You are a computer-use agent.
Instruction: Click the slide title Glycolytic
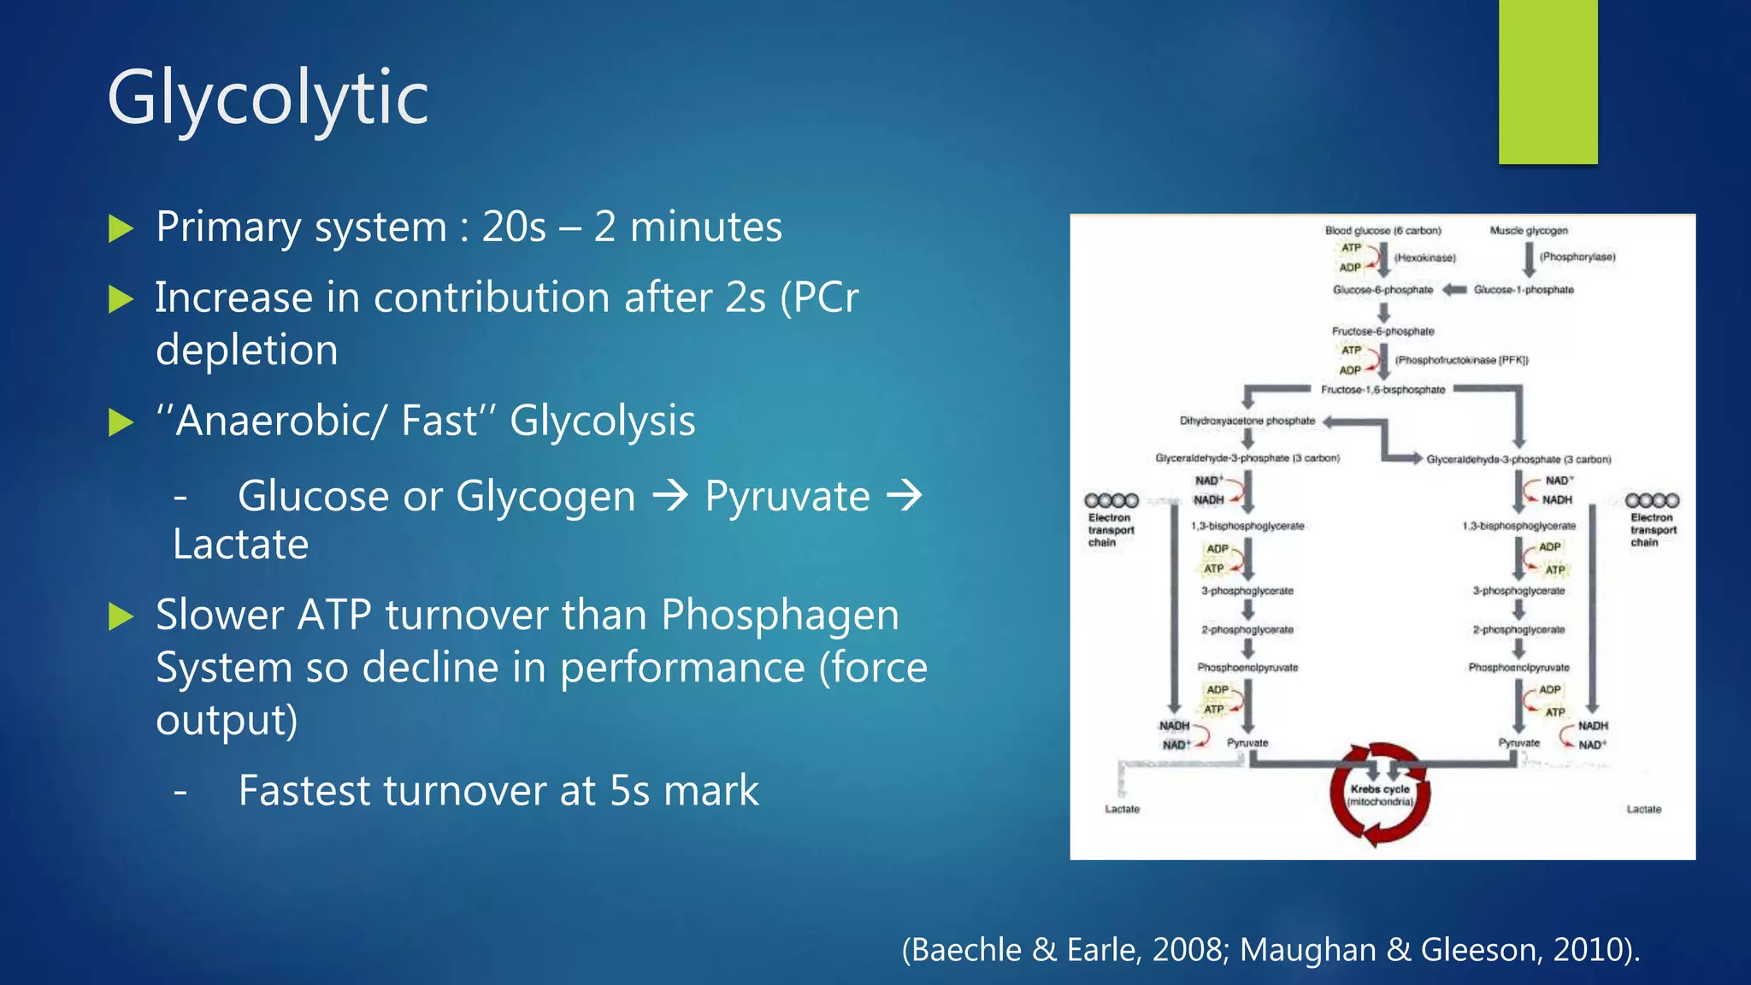(x=268, y=98)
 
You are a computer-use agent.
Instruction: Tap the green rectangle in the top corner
(x=1548, y=81)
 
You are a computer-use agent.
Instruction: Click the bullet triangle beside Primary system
(x=121, y=228)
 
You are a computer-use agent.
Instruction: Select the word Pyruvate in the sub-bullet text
(x=787, y=496)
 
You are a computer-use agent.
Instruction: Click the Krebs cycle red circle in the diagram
(x=1379, y=794)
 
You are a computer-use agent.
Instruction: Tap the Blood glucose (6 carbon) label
(x=1383, y=231)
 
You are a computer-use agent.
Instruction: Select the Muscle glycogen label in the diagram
(x=1529, y=231)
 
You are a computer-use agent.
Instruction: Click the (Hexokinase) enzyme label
(x=1424, y=257)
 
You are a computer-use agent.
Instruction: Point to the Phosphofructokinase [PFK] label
(x=1462, y=360)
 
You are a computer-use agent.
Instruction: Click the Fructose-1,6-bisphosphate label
(x=1383, y=390)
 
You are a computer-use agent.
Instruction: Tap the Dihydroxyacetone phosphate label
(x=1247, y=421)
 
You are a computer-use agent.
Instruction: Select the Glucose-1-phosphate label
(x=1524, y=290)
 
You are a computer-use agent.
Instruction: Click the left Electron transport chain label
(x=1110, y=529)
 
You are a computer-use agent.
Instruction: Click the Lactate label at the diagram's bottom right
(x=1643, y=809)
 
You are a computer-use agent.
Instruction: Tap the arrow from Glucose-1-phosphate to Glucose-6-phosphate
(x=1454, y=290)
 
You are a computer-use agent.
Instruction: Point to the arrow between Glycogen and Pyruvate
(x=670, y=496)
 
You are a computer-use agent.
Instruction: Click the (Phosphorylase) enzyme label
(x=1577, y=257)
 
